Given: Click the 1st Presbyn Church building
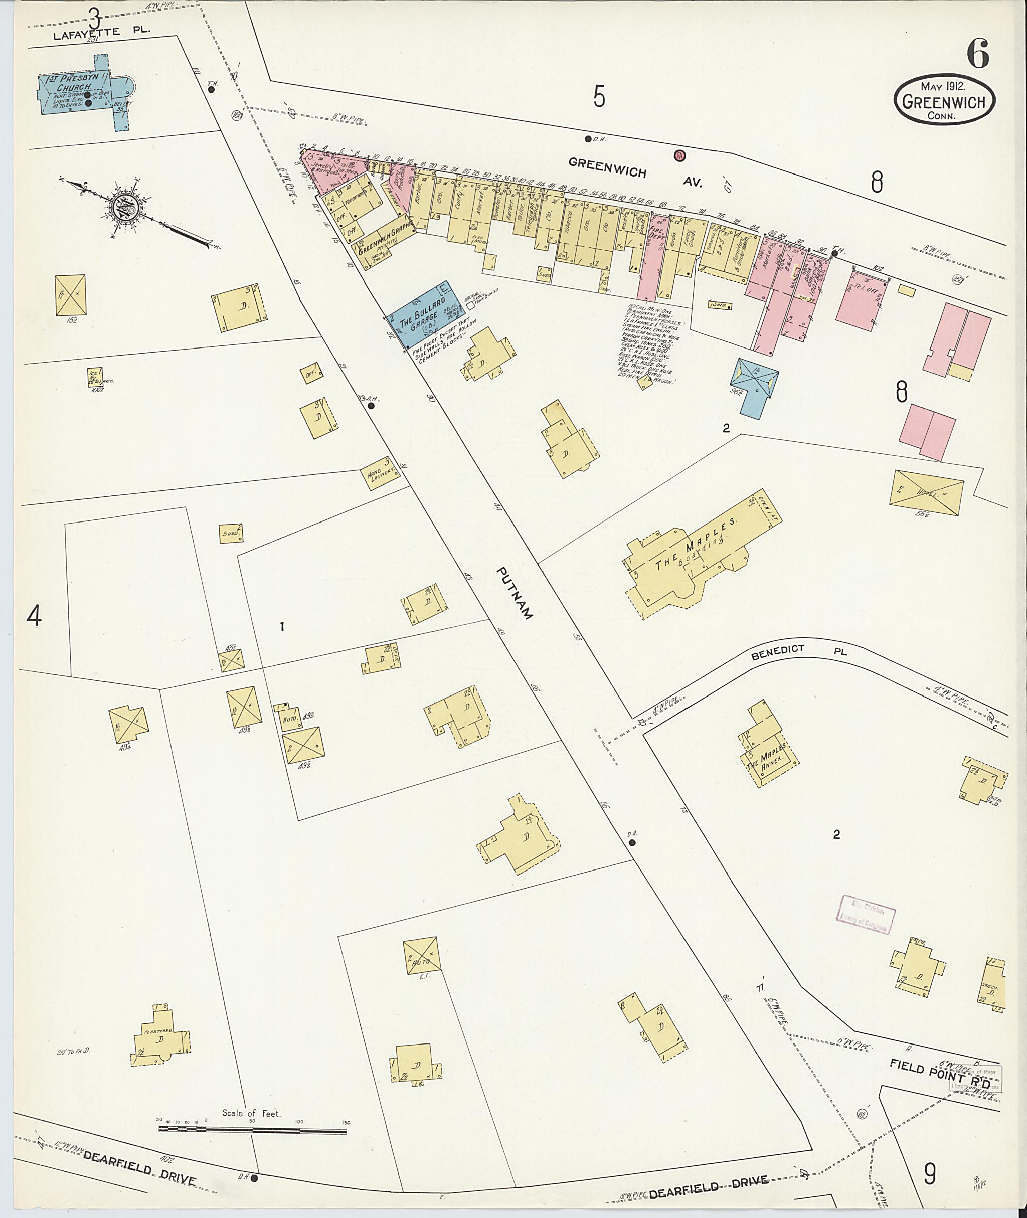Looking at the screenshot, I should pos(82,93).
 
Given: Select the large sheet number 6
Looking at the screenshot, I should pos(978,55).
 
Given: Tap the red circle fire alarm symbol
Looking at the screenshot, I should pos(679,155).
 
